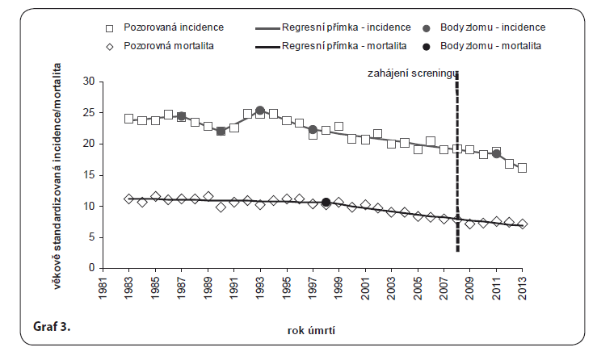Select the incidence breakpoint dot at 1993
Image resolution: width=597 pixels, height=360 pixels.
[x=260, y=111]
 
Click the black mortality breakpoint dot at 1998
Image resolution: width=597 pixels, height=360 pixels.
[x=326, y=203]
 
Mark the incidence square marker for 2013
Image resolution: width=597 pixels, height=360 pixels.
[x=523, y=168]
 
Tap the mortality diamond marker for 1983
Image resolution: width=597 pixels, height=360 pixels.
[x=128, y=199]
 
